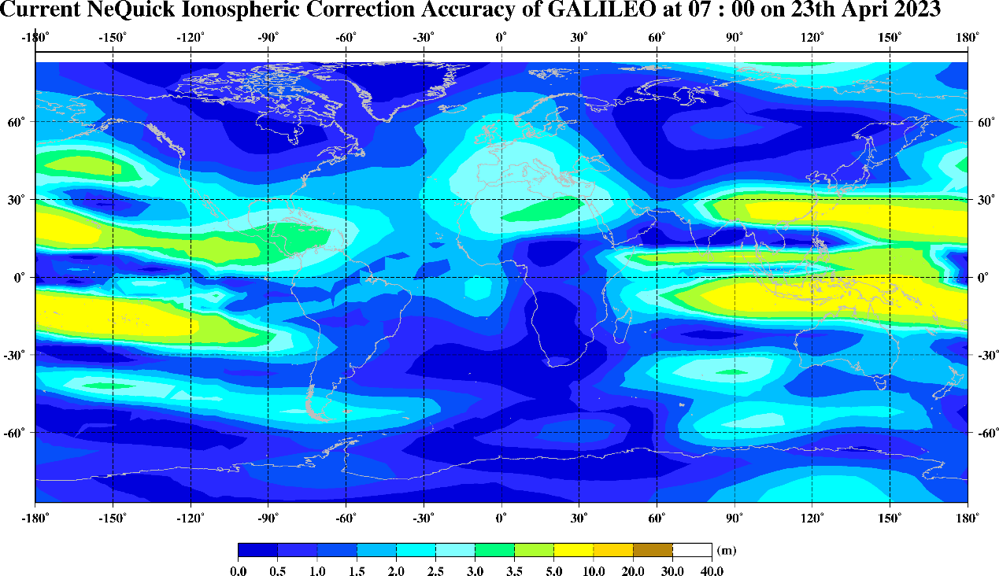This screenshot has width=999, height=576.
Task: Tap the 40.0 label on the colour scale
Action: (712, 570)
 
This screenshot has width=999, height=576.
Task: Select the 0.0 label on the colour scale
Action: (238, 570)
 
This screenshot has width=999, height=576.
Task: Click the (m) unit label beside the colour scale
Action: (726, 549)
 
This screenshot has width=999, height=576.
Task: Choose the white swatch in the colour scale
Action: (692, 550)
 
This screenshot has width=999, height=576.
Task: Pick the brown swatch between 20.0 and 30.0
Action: (653, 550)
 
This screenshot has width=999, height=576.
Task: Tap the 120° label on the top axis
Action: (812, 37)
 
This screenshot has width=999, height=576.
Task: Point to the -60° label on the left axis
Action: (17, 432)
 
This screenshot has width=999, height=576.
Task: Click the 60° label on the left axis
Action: (17, 122)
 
